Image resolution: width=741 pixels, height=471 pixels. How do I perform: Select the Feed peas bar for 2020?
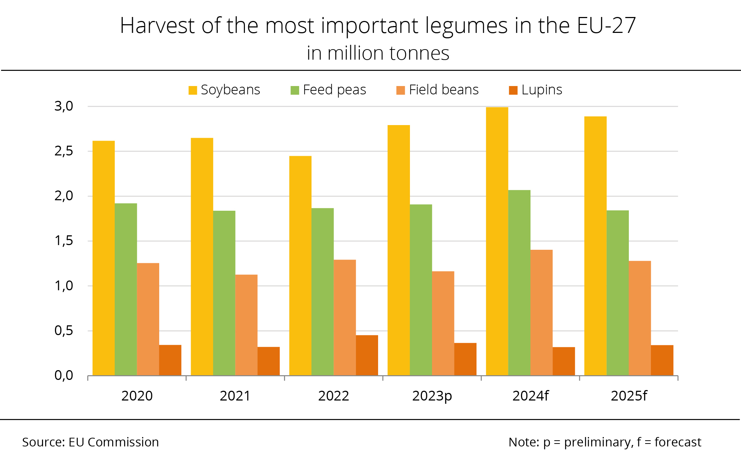(126, 289)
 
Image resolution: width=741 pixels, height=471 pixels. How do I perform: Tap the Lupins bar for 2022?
(367, 355)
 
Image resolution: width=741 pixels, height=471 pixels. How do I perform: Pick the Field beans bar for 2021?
(246, 325)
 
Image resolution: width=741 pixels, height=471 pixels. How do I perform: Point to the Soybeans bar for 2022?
(300, 266)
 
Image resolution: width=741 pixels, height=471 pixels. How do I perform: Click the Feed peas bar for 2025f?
(618, 293)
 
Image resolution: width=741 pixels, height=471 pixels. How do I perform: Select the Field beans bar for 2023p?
(443, 324)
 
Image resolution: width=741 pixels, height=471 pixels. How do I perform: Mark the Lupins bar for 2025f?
(662, 360)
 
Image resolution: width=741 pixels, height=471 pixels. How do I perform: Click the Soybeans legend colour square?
(193, 90)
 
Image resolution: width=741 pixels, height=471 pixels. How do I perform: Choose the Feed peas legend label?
(334, 90)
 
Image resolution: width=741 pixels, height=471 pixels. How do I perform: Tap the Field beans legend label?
(444, 90)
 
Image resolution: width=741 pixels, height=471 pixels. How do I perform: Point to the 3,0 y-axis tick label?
(64, 106)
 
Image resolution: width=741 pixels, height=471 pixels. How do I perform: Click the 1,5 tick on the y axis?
(64, 241)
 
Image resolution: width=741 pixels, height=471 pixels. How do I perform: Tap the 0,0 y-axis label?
(64, 376)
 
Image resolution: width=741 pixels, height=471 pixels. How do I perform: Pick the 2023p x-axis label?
(432, 396)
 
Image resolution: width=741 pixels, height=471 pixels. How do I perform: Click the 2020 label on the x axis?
(137, 396)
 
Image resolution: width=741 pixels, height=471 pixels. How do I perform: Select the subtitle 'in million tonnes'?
(378, 53)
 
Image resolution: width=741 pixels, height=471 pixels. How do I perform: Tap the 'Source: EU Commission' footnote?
(90, 442)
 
